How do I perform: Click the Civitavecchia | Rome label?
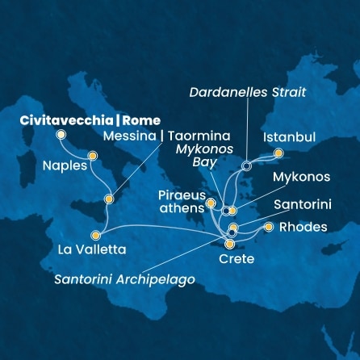click(x=90, y=121)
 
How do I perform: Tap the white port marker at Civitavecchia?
click(x=61, y=135)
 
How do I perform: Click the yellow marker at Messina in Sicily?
click(x=108, y=199)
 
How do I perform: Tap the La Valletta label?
click(x=91, y=249)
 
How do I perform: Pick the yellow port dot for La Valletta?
click(x=95, y=236)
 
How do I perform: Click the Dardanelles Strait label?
click(x=247, y=93)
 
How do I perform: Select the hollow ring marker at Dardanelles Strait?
click(x=246, y=166)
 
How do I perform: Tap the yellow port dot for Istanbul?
click(x=278, y=153)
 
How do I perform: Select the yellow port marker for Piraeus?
click(x=211, y=203)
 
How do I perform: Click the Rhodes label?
click(x=303, y=227)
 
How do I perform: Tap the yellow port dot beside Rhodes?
click(x=269, y=227)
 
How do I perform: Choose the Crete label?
click(x=237, y=258)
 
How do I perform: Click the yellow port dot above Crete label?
click(x=230, y=244)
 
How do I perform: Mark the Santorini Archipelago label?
click(x=124, y=279)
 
